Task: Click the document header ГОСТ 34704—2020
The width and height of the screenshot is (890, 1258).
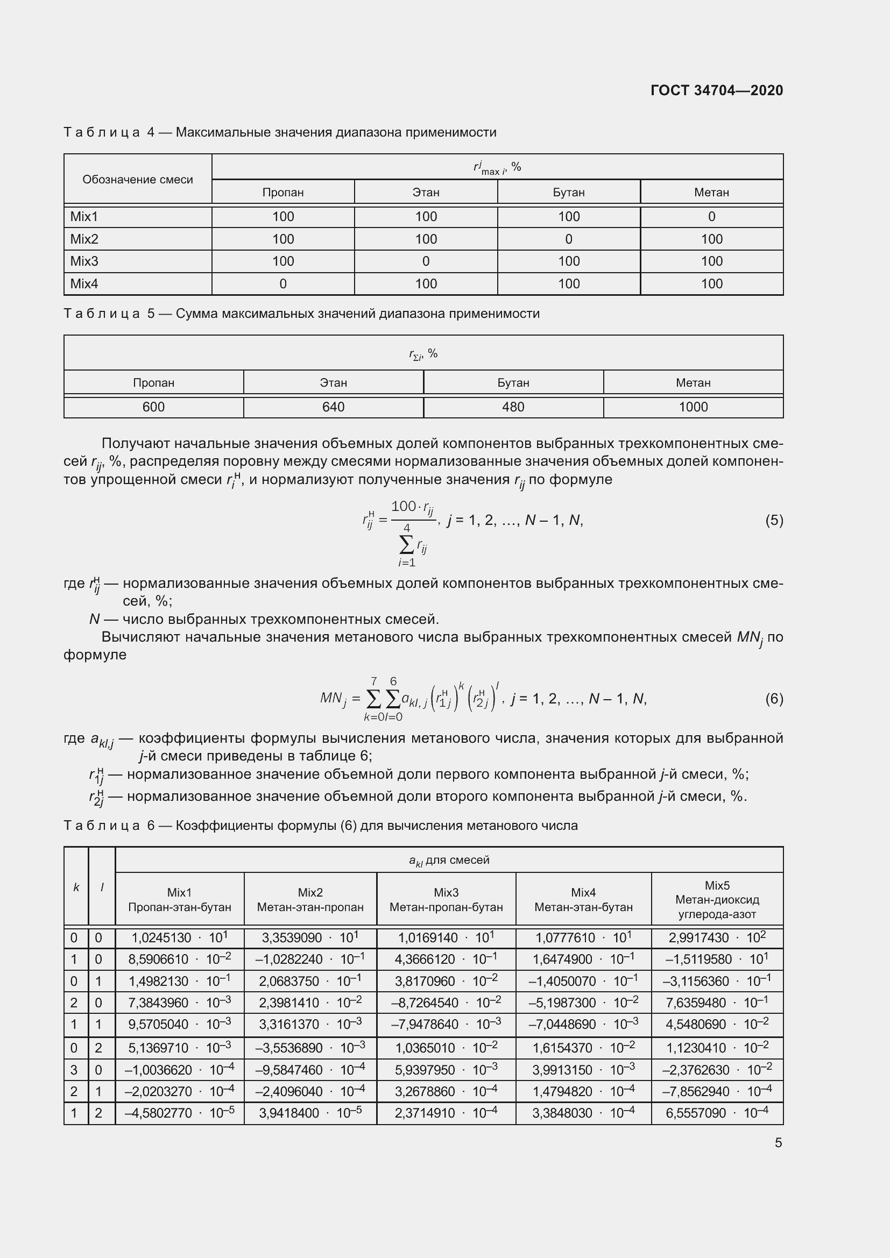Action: pyautogui.click(x=716, y=90)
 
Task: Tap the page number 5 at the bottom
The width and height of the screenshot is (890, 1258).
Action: pyautogui.click(x=778, y=1142)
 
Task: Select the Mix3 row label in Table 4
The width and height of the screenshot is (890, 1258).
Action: pyautogui.click(x=84, y=261)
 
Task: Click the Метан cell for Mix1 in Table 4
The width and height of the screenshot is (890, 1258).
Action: pyautogui.click(x=711, y=217)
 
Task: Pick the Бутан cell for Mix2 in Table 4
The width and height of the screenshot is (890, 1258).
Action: pyautogui.click(x=568, y=239)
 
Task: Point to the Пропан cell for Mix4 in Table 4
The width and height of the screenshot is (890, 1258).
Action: pyautogui.click(x=283, y=284)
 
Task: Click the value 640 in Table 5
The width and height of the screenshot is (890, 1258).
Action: pyautogui.click(x=333, y=407)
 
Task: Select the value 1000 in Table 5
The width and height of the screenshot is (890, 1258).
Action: pyautogui.click(x=693, y=407)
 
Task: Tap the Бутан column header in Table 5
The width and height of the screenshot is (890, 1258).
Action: pyautogui.click(x=513, y=383)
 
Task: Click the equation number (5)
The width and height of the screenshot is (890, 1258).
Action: pyautogui.click(x=774, y=520)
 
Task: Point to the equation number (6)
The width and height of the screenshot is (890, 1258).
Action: pyautogui.click(x=774, y=699)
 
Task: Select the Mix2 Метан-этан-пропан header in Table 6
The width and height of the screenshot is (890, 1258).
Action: pyautogui.click(x=310, y=900)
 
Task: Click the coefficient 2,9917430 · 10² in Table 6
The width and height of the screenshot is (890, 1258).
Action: pyautogui.click(x=717, y=937)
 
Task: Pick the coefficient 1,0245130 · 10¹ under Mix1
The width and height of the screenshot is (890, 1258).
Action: pyautogui.click(x=179, y=937)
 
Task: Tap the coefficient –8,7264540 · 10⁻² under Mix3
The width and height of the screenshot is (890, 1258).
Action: pyautogui.click(x=446, y=1003)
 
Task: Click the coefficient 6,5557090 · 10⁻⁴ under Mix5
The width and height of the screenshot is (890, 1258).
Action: pyautogui.click(x=717, y=1113)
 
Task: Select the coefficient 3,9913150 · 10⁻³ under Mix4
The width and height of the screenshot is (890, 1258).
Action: pyautogui.click(x=583, y=1070)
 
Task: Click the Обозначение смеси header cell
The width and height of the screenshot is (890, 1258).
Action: pyautogui.click(x=138, y=180)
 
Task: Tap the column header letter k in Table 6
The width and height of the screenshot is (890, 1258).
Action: pyautogui.click(x=76, y=887)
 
